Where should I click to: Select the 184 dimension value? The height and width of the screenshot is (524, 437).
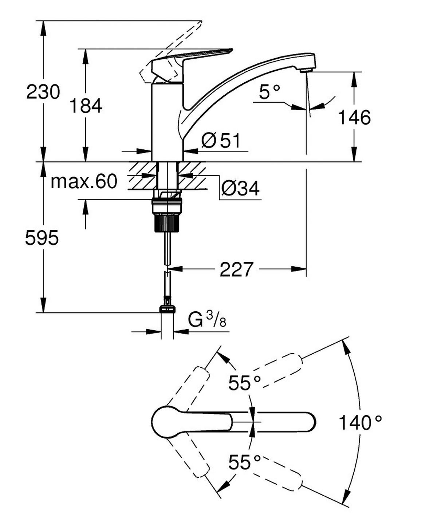[x=86, y=106]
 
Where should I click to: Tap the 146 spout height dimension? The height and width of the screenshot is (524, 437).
[x=354, y=117]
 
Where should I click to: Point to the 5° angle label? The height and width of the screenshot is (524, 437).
[x=270, y=92]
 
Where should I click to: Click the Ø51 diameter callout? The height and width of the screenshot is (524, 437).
[x=221, y=141]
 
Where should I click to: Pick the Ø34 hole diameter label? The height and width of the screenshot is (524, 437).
[x=240, y=188]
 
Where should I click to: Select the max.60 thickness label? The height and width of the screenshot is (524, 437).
[x=84, y=181]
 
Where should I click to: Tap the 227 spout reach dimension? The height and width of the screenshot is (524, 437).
[x=236, y=269]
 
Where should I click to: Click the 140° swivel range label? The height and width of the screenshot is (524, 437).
[x=360, y=423]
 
